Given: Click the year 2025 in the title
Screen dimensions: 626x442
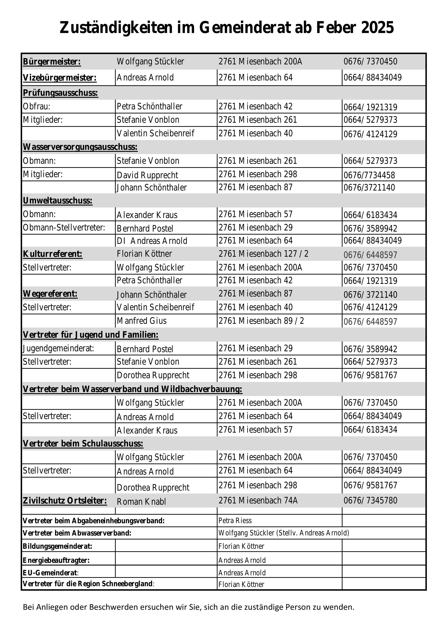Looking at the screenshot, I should click(x=377, y=28).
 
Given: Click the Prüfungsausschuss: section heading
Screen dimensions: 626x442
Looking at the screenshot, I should click(x=60, y=93).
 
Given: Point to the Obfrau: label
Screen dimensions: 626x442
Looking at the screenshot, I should click(x=37, y=106).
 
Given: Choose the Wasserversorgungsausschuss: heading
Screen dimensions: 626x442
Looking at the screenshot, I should click(x=80, y=147).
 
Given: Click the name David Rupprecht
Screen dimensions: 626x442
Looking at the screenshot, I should click(x=147, y=175).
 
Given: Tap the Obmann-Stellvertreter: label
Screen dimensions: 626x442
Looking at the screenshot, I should click(x=64, y=227).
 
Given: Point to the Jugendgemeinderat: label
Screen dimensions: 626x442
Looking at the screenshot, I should click(x=58, y=348).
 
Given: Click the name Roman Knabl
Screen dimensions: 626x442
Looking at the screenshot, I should click(x=141, y=502).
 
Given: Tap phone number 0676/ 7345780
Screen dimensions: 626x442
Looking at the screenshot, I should click(x=370, y=501).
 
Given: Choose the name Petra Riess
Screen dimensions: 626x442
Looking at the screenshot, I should click(x=235, y=521).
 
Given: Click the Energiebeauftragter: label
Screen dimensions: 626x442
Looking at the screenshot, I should click(x=56, y=561).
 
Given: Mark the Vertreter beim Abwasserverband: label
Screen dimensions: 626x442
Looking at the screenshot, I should click(x=77, y=533).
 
